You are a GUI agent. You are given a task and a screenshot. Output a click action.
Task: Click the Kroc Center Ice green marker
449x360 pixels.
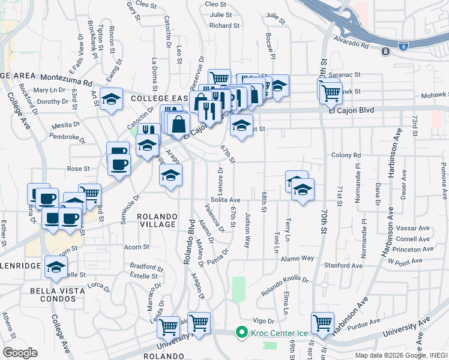click(x=242, y=332)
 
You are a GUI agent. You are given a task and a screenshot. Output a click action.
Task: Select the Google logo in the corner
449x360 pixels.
click(x=20, y=352)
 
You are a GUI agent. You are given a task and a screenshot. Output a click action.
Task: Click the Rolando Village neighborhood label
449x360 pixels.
click(x=157, y=220)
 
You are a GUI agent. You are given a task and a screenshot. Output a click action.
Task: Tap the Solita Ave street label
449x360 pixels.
click(x=225, y=200)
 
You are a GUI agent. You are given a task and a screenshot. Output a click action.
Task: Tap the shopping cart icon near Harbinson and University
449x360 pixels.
click(x=323, y=323)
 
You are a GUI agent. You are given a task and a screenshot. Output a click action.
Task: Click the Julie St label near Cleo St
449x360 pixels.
click(x=221, y=14)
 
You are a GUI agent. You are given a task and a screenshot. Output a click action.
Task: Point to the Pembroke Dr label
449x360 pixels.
click(x=65, y=137)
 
